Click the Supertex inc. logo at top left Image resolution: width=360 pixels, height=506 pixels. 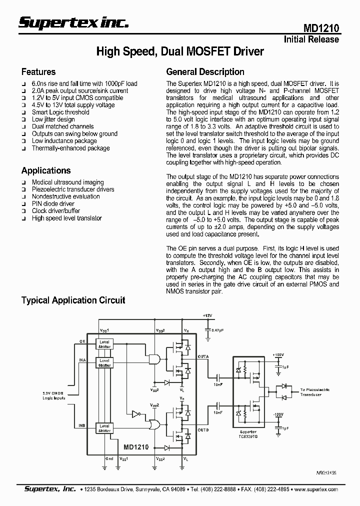[x=73, y=21]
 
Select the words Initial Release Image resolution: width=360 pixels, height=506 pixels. [x=311, y=39]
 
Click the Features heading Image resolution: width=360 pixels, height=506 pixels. [x=38, y=71]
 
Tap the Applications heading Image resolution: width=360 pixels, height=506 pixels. [x=45, y=170]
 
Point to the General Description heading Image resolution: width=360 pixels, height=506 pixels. [x=205, y=71]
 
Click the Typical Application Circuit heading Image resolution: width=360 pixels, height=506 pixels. [x=73, y=300]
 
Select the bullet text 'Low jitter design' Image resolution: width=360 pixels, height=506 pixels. [x=53, y=119]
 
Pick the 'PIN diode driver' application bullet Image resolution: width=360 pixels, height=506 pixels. [x=53, y=203]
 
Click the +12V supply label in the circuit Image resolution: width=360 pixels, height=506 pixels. [x=207, y=316]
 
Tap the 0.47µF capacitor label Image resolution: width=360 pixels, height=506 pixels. [x=217, y=330]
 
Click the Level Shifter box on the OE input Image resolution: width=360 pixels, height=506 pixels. [x=105, y=343]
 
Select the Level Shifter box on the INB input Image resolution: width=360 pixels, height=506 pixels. [x=105, y=427]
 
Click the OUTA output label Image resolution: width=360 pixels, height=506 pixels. [x=203, y=356]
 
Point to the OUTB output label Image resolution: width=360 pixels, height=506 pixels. [x=203, y=430]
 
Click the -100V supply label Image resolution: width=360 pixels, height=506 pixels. [x=278, y=414]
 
